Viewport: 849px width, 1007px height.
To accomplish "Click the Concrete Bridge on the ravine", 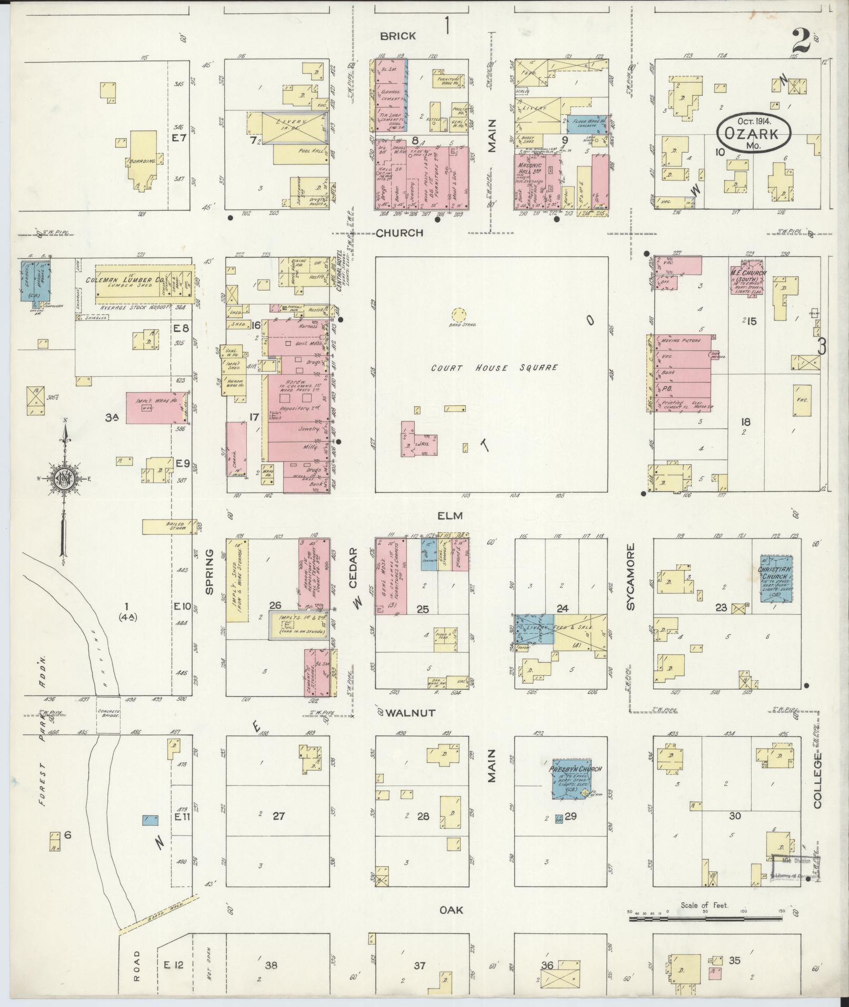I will pos(108,714).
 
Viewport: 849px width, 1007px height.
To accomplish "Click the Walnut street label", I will pos(410,713).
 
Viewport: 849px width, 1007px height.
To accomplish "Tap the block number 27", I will pos(278,816).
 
